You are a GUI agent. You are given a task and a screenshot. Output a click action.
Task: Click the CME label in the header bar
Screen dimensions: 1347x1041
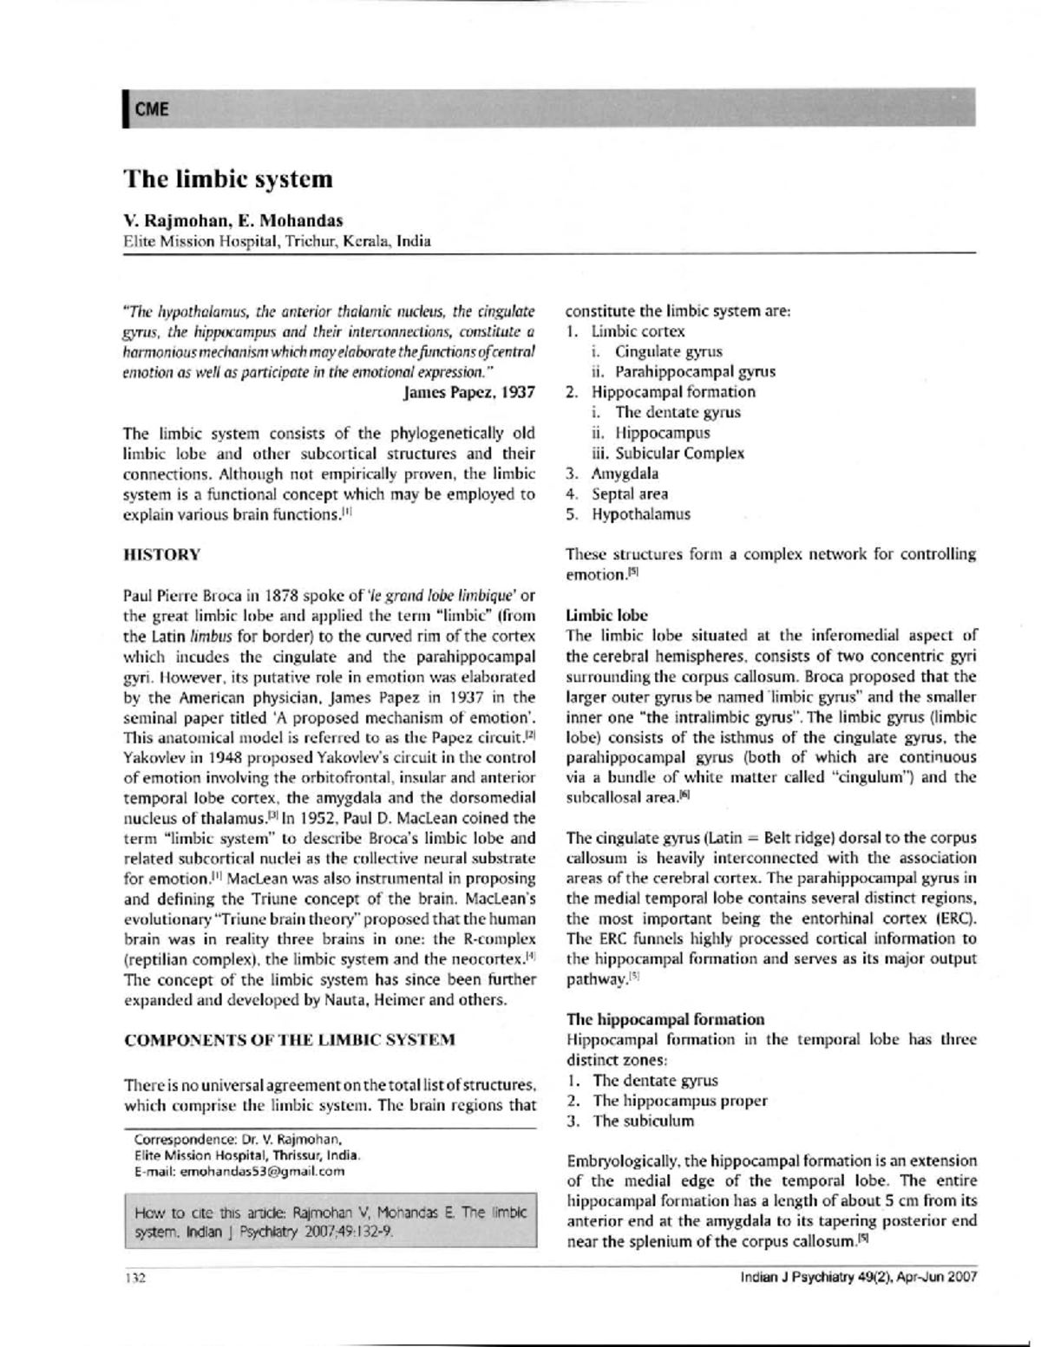(x=151, y=109)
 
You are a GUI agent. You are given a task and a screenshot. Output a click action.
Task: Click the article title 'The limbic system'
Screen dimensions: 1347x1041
(x=228, y=180)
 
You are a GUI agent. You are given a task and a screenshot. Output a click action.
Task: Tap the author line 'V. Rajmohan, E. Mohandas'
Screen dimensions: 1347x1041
(x=233, y=220)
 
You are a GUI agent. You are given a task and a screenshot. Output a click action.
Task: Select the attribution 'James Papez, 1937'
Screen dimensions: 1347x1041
(x=468, y=392)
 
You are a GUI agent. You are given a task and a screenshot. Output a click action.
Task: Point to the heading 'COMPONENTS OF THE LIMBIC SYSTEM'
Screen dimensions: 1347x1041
(x=289, y=1039)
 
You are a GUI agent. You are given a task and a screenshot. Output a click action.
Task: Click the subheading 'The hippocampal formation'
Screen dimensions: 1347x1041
(x=665, y=1018)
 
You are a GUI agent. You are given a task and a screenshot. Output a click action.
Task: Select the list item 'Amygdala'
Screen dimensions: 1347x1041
(x=625, y=474)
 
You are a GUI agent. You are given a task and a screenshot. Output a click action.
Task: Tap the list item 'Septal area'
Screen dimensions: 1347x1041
(x=630, y=494)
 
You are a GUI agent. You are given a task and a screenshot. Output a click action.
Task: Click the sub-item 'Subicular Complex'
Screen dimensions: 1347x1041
(x=679, y=453)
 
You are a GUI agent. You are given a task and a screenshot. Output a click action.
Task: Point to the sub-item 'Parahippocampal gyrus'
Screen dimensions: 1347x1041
(x=695, y=371)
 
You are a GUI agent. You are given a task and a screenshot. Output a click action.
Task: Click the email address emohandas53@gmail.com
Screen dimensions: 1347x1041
(x=261, y=1171)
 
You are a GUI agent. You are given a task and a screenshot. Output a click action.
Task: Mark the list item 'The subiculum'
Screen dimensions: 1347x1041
(x=643, y=1121)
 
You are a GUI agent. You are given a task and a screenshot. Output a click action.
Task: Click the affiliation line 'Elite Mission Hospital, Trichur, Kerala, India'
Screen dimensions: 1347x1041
(x=278, y=241)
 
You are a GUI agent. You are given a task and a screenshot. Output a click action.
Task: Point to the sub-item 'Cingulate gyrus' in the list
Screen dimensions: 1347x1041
(x=668, y=351)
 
